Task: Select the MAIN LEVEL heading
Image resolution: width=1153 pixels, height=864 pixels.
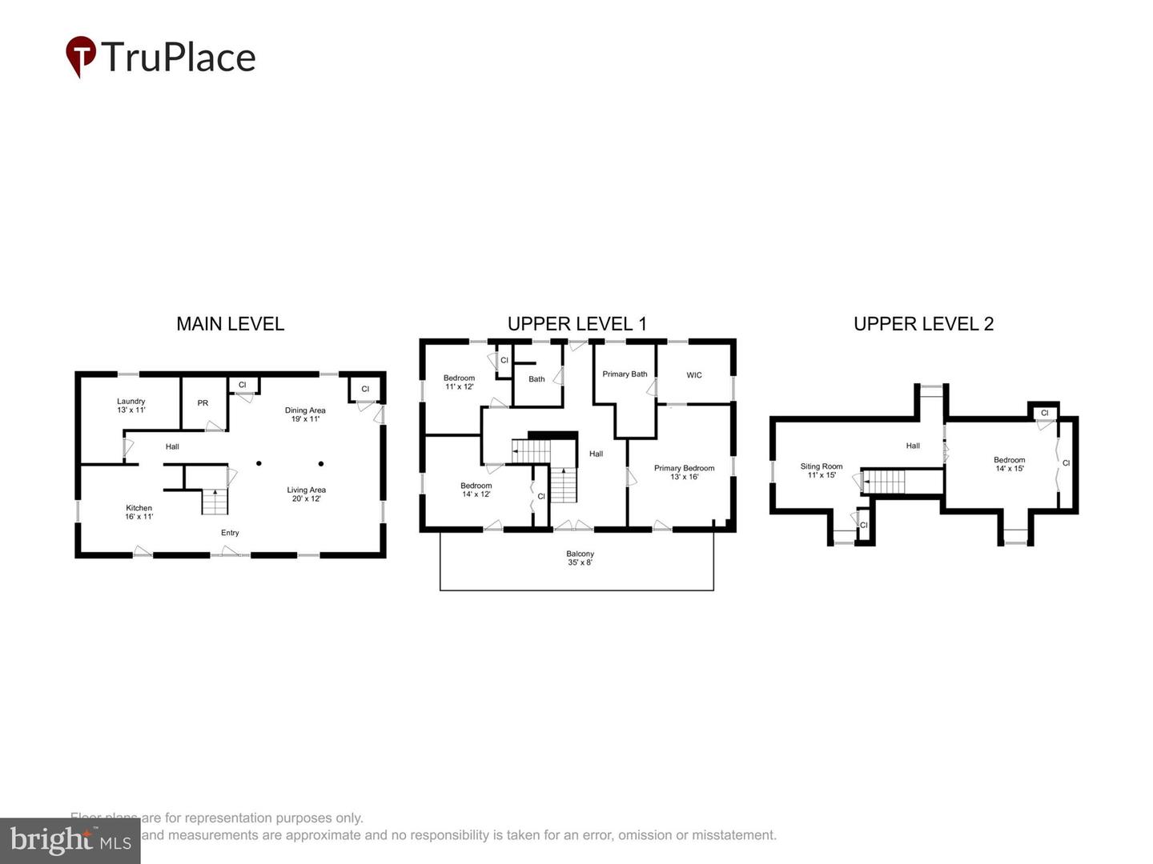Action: click(x=230, y=324)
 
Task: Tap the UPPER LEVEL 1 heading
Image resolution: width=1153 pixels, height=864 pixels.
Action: click(x=576, y=324)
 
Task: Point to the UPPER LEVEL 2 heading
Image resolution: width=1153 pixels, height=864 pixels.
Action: click(x=923, y=324)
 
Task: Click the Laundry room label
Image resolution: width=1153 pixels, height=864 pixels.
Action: click(x=131, y=406)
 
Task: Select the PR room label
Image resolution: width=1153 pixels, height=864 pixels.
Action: click(x=203, y=403)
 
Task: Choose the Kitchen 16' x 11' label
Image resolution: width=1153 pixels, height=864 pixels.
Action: click(x=139, y=512)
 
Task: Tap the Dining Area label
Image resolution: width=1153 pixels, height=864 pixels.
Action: click(x=305, y=414)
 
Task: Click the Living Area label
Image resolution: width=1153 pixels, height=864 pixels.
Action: click(x=306, y=494)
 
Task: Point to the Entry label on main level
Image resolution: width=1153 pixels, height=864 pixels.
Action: click(x=230, y=533)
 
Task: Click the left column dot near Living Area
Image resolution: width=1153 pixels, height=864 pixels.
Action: click(x=259, y=463)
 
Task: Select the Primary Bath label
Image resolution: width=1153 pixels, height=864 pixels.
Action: click(x=625, y=374)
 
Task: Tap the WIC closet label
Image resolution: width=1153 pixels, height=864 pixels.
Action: click(x=694, y=375)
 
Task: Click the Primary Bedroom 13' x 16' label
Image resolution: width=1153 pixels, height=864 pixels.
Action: click(x=684, y=472)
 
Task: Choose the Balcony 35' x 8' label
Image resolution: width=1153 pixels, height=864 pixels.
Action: click(x=580, y=558)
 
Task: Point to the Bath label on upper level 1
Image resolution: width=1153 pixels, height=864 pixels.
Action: click(x=536, y=379)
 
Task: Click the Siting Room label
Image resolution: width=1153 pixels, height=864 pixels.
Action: click(x=822, y=470)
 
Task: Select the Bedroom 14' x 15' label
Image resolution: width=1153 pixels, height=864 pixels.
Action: click(x=1009, y=464)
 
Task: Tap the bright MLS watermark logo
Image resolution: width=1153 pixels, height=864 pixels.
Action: click(x=70, y=841)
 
